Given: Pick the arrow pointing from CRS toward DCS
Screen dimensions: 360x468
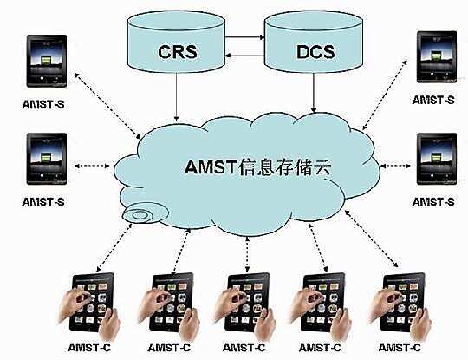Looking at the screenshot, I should click(246, 38).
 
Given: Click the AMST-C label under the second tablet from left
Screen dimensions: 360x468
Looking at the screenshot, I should click(169, 347).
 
